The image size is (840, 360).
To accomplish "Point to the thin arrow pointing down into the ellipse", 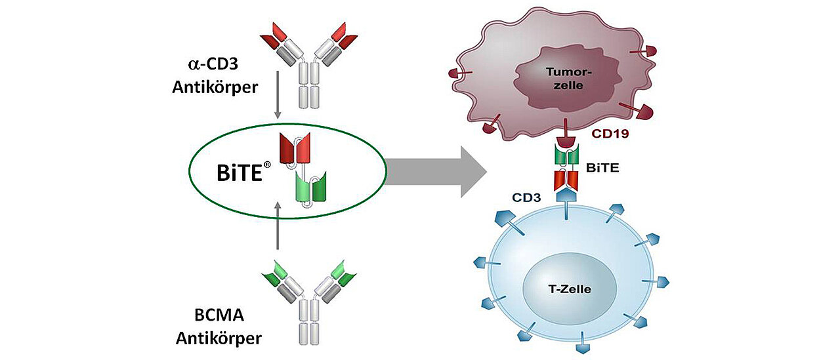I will (278, 96).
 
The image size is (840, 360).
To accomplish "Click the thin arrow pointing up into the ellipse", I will (278, 226).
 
